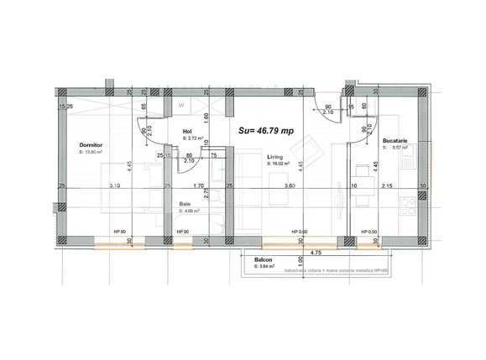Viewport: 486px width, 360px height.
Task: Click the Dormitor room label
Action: [x=91, y=144]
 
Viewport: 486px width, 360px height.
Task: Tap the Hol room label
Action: [x=188, y=132]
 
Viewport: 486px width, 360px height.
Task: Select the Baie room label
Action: [x=185, y=204]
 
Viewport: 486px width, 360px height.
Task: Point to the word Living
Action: [x=274, y=156]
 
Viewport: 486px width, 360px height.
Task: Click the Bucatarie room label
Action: [x=395, y=141]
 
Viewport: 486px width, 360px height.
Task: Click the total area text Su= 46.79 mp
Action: [x=266, y=131]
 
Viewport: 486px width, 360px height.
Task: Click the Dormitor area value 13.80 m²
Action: [x=93, y=152]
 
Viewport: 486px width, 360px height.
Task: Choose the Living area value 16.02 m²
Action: [x=280, y=164]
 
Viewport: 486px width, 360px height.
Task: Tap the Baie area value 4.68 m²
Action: [x=188, y=211]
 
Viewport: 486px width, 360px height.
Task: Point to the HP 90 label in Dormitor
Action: [x=119, y=232]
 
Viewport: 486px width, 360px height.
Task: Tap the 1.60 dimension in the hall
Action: [x=206, y=118]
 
